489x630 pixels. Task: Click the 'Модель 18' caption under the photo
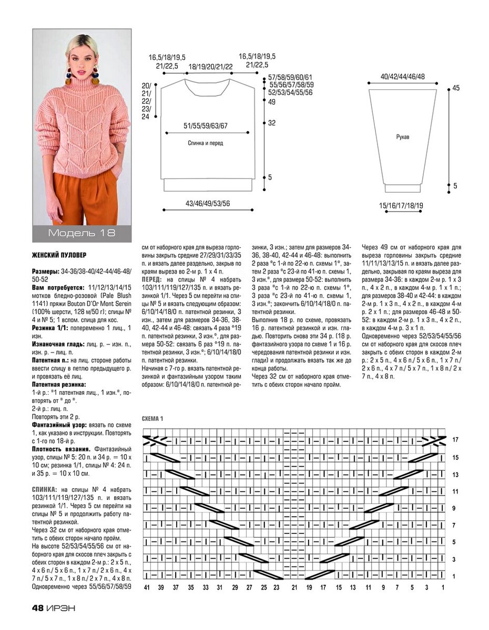tap(81, 233)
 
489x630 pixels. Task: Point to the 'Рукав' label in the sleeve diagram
tap(403, 137)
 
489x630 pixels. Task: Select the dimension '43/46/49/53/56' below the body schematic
tap(208, 203)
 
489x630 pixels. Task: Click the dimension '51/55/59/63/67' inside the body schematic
tap(206, 126)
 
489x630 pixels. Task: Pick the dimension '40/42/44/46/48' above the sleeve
tap(403, 77)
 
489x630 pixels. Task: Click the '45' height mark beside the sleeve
tap(456, 88)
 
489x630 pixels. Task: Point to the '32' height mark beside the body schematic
tap(272, 123)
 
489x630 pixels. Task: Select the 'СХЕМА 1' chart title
tap(153, 418)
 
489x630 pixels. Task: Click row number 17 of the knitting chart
tap(455, 439)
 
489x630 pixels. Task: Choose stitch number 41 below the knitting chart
tap(147, 587)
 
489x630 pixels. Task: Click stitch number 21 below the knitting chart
tap(294, 587)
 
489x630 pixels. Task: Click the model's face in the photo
tap(82, 52)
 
